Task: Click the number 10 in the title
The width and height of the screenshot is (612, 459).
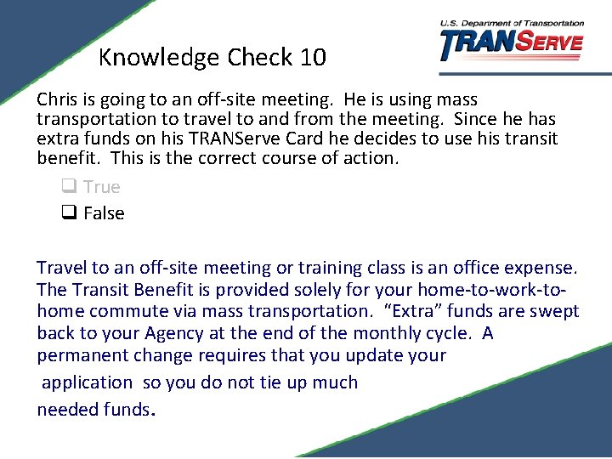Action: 312,58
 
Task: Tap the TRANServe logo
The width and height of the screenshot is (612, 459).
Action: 512,44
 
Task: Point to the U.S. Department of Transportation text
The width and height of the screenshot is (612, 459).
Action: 512,23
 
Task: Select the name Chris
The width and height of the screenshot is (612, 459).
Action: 57,100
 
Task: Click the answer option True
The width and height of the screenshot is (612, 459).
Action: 102,187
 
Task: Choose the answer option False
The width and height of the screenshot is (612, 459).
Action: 104,213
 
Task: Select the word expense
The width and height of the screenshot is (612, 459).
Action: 543,269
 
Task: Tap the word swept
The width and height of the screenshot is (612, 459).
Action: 553,312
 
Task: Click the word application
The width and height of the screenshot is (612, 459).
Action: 87,382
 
